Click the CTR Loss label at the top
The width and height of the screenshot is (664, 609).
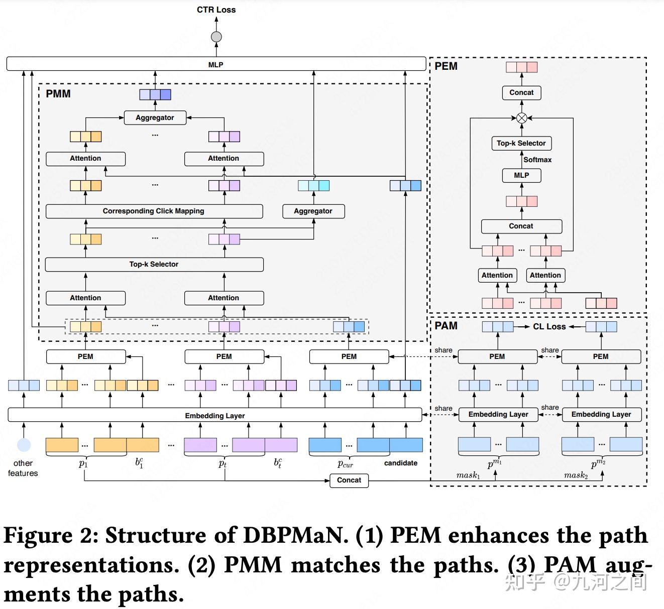coord(216,10)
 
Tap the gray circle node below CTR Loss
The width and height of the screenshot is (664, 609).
coord(216,37)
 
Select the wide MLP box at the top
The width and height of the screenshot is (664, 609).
coord(216,64)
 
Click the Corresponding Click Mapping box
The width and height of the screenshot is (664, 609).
coord(154,211)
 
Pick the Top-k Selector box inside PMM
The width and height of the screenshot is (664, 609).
coord(154,264)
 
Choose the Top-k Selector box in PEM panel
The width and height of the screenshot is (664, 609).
coord(521,143)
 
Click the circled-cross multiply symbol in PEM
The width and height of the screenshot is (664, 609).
coord(522,118)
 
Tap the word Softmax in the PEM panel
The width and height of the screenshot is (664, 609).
coord(537,160)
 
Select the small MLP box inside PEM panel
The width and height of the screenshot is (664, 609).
coord(521,175)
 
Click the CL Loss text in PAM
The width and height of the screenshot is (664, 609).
coord(549,327)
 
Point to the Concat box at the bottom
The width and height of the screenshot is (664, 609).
coord(349,480)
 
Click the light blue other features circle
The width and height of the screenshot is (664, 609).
coord(24,445)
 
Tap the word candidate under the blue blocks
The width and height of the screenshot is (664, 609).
coord(400,463)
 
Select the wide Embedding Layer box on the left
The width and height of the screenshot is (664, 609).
coord(214,415)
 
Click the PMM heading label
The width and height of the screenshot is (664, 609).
coord(58,94)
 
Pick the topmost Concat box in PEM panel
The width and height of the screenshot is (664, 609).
coord(521,92)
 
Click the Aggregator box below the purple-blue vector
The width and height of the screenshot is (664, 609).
coord(155,117)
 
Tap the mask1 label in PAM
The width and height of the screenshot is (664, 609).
coord(468,475)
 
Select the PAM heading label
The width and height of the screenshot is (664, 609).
coord(446,325)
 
